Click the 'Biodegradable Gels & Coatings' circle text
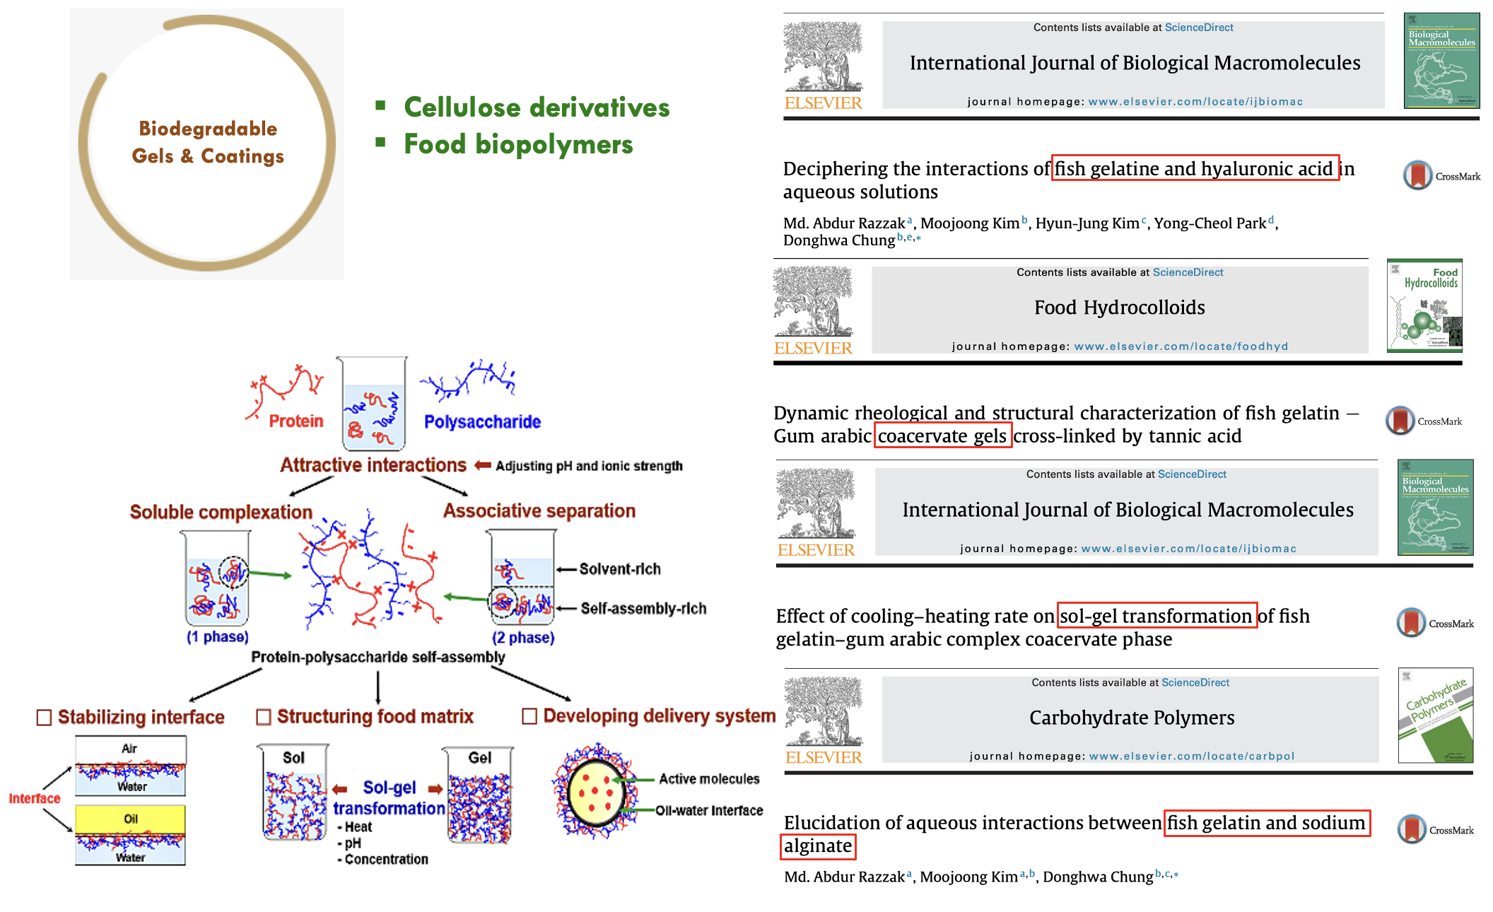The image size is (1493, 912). point(208,142)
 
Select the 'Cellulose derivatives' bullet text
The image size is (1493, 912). point(537,107)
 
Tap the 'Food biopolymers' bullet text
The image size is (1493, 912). point(518,144)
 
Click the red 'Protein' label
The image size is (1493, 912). point(295,421)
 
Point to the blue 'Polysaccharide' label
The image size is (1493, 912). point(482,422)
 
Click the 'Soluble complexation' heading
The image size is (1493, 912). point(221,512)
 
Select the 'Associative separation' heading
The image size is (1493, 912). point(539,510)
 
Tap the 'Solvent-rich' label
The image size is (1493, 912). point(619,569)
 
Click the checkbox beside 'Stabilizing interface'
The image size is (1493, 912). point(44,718)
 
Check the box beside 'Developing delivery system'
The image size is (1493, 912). point(529,716)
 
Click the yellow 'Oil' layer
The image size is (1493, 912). point(131,819)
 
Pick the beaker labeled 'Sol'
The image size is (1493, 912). point(293,792)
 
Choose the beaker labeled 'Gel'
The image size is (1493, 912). point(479,795)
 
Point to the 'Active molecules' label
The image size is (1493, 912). point(708,779)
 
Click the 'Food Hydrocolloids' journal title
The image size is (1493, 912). point(1119,308)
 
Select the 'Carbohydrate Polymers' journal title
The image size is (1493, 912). point(1131,718)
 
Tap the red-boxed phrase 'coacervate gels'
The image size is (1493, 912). point(942,435)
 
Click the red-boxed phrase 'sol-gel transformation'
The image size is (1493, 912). point(1157,616)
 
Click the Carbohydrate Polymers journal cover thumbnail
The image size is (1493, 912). point(1435,715)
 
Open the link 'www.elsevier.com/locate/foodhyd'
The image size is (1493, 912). point(1181,346)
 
